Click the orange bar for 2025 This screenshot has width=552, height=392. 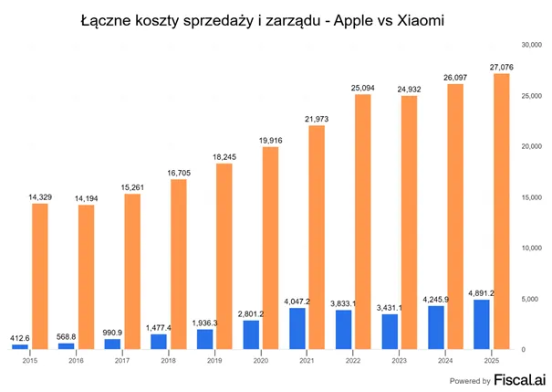(501, 211)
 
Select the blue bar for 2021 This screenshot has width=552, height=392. (297, 329)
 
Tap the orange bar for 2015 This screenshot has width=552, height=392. (40, 276)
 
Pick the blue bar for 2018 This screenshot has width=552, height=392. (159, 342)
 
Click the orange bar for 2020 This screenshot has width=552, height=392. (270, 248)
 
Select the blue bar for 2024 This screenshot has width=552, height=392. (436, 327)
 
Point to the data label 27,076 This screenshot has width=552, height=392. (501, 67)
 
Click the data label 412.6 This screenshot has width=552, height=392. (20, 338)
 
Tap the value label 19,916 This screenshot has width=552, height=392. (270, 141)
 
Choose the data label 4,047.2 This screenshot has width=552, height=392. (297, 302)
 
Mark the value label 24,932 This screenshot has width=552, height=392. (409, 90)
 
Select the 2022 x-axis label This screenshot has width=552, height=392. (353, 361)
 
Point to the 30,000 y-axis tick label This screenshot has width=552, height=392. (531, 45)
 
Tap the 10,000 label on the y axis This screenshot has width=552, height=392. (531, 249)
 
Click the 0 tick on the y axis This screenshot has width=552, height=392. (524, 350)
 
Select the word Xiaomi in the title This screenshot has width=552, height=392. (421, 20)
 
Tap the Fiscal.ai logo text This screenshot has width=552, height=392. (520, 379)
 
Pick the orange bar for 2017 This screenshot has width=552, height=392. (132, 271)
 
